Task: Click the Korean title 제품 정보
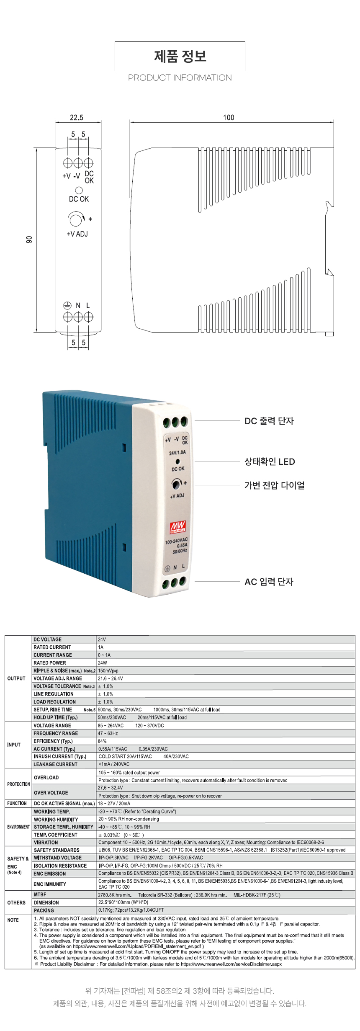180,56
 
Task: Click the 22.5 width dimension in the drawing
77,118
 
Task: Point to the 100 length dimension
229,118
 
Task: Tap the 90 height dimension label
29,240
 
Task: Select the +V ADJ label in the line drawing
77,234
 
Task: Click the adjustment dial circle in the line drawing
76,219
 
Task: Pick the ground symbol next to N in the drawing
67,306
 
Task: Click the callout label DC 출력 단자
269,421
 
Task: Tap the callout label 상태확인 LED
270,461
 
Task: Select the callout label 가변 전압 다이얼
275,485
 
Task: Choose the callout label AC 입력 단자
269,581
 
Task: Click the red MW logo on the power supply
177,527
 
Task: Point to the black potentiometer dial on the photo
177,485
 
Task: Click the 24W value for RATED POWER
103,663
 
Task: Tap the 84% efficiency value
102,741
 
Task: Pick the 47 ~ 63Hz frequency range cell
108,733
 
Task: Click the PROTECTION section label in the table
18,784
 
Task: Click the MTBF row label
40,894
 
